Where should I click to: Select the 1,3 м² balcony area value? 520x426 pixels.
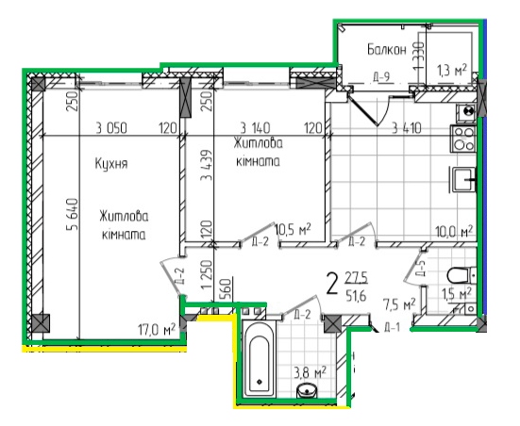[453, 68]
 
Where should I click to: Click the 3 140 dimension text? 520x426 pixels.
[256, 129]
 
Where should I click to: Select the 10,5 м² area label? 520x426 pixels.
[293, 229]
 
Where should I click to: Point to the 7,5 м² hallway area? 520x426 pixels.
[398, 303]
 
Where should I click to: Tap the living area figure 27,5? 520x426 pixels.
[355, 278]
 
